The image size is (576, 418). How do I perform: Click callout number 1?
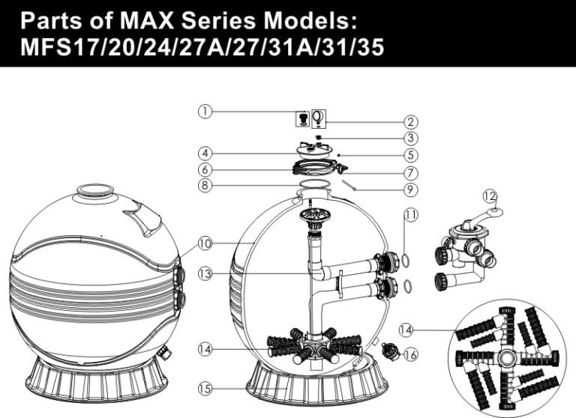point(204,111)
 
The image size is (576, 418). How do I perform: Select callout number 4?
point(204,155)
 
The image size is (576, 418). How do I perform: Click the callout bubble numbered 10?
point(204,243)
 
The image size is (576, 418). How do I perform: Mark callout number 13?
point(204,274)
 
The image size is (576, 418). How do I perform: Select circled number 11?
point(410,215)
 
